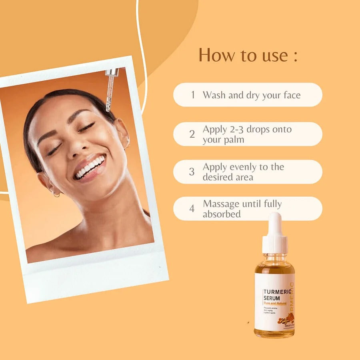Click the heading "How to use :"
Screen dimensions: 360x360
point(248,55)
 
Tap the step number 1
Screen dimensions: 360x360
point(193,95)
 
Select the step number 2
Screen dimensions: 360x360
point(192,134)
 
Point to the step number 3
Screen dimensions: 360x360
point(192,172)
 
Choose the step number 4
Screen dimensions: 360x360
point(192,209)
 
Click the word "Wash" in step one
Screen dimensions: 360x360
point(214,95)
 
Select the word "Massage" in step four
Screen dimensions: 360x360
point(222,204)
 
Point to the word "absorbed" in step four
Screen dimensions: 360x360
point(222,214)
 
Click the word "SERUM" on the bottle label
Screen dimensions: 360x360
point(272,299)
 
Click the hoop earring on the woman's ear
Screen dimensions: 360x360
point(56,194)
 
